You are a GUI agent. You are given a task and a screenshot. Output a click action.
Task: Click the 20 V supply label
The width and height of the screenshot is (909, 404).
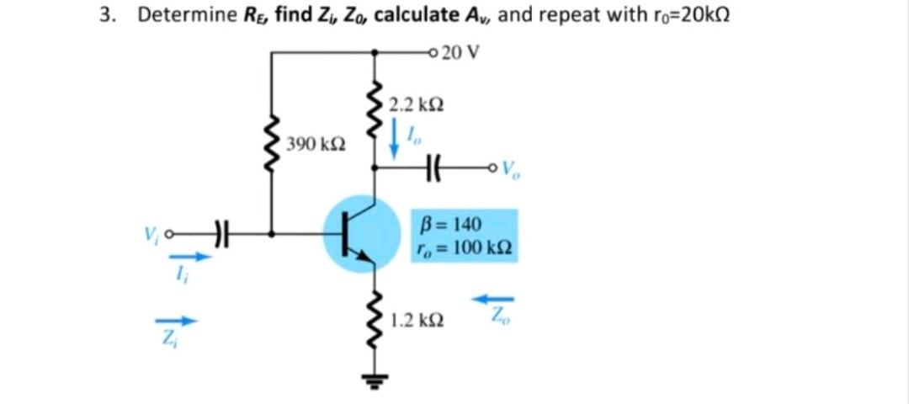[460, 52]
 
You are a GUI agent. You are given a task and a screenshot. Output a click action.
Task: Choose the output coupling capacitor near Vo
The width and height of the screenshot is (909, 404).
[436, 167]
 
